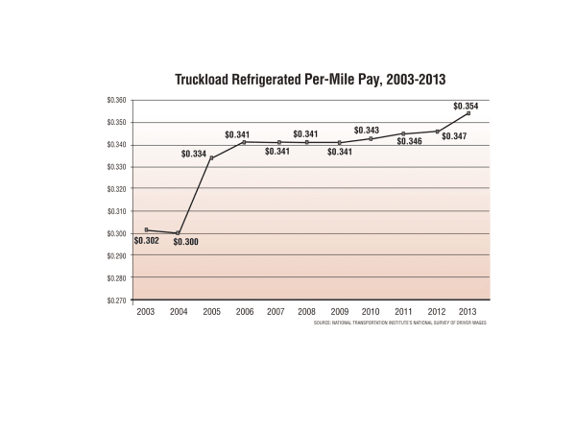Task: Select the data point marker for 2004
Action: [x=178, y=232]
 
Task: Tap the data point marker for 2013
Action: [x=468, y=113]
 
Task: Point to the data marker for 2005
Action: [x=211, y=157]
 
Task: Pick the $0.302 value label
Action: [x=146, y=240]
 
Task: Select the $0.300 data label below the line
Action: [x=185, y=243]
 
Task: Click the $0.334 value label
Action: [x=193, y=154]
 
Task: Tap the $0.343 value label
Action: [x=367, y=130]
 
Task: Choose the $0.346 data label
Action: [x=409, y=141]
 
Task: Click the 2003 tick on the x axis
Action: [x=146, y=312]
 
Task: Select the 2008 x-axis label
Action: [x=307, y=312]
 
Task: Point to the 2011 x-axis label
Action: [x=404, y=312]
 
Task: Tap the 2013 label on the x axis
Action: [x=468, y=312]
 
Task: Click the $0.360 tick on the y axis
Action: [x=117, y=100]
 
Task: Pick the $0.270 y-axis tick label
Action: [x=117, y=300]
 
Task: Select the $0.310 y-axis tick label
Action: [x=117, y=211]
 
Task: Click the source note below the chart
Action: [x=399, y=324]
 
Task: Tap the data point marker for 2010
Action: [x=372, y=139]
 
